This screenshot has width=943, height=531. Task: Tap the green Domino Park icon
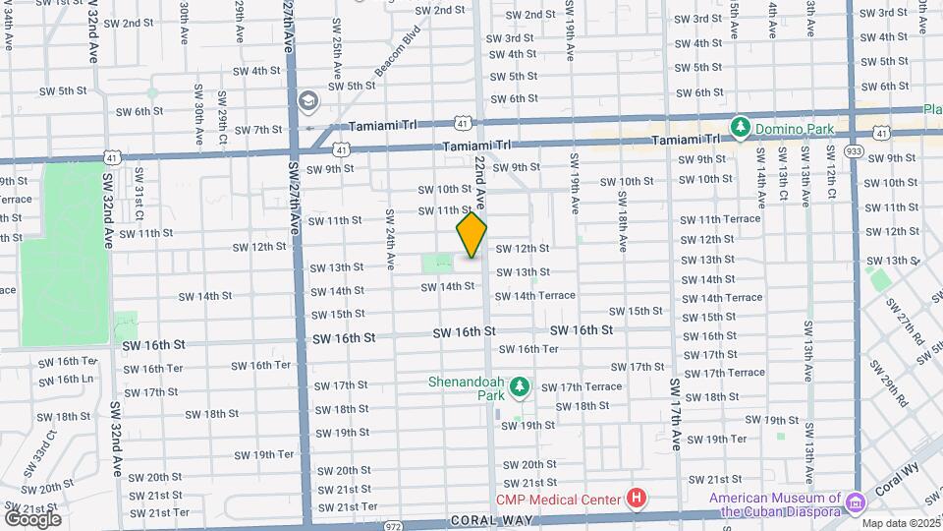[740, 127]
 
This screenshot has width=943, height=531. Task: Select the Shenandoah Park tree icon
[520, 388]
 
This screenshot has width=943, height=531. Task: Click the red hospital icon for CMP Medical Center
[637, 500]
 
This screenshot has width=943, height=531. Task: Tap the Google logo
[32, 518]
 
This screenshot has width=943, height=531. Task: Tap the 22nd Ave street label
[480, 177]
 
